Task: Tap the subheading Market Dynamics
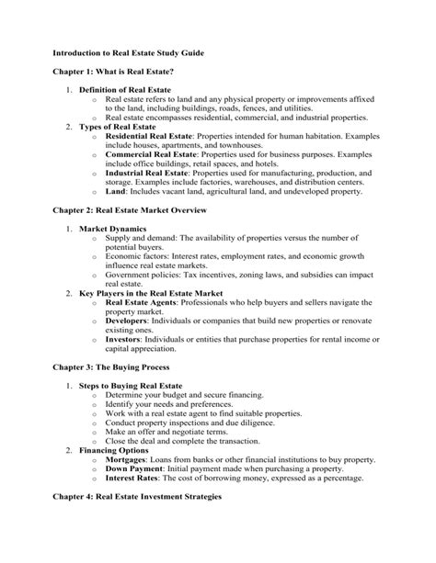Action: pyautogui.click(x=113, y=227)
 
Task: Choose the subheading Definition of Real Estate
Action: pyautogui.click(x=126, y=90)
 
